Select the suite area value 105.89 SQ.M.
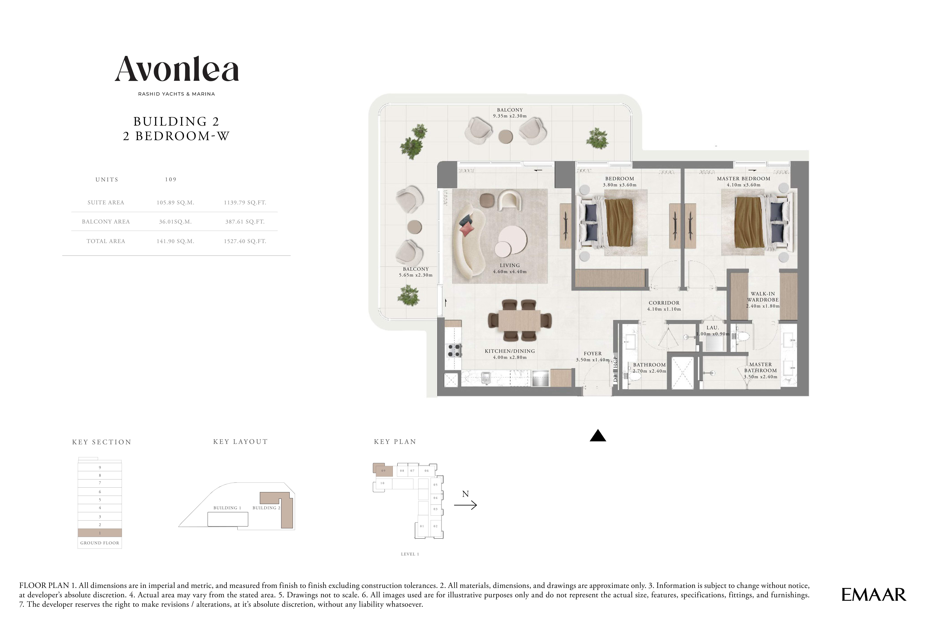coord(175,203)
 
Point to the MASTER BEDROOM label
coord(744,179)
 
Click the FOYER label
coord(593,354)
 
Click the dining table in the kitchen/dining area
coord(520,320)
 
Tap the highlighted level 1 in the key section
coord(100,533)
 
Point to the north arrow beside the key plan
coord(465,505)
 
